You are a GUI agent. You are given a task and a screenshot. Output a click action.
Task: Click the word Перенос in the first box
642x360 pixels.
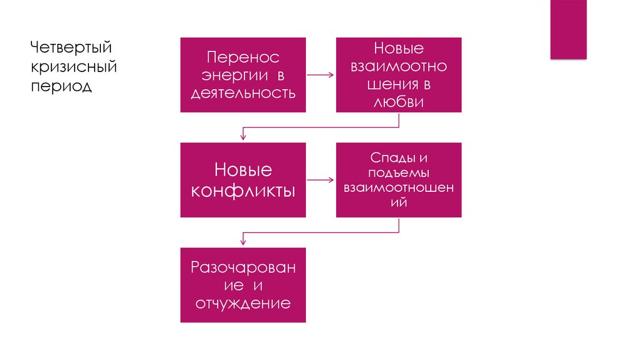[243, 57]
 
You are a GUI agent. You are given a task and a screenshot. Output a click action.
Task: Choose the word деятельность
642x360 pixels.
[243, 93]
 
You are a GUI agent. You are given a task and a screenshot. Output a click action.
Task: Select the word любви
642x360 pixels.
[398, 103]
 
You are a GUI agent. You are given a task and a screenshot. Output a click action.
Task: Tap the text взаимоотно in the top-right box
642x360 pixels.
[398, 66]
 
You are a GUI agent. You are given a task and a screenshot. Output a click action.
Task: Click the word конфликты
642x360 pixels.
[243, 190]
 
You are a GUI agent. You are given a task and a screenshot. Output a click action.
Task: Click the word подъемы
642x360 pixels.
[398, 172]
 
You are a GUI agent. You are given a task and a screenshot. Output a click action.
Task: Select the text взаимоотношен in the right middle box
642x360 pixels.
[398, 188]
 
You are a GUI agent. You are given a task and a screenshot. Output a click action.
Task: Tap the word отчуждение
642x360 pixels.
[243, 304]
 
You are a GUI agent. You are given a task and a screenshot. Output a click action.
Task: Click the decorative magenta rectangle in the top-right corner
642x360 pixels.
[568, 29]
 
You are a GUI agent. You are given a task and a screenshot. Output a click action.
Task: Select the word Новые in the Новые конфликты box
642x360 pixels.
[243, 169]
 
